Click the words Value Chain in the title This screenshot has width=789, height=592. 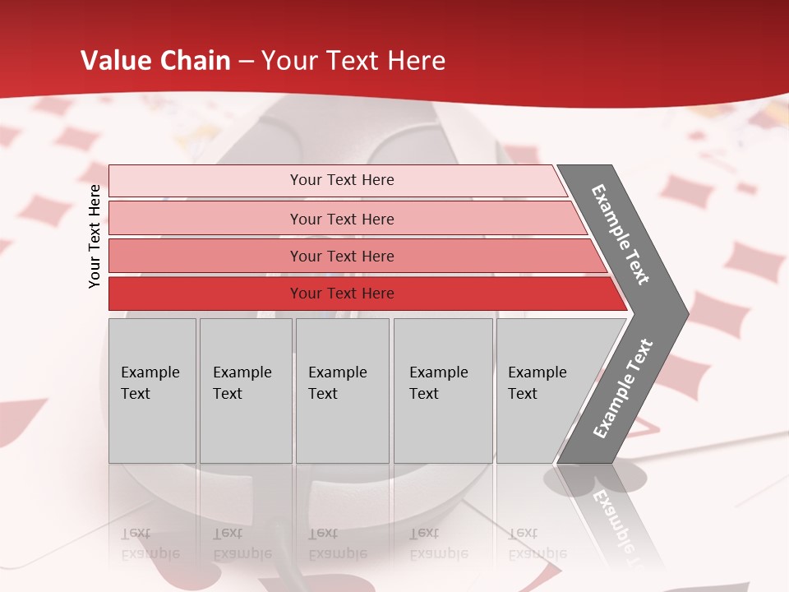point(155,61)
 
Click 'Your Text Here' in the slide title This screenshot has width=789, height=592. point(353,61)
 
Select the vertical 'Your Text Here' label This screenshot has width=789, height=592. point(95,236)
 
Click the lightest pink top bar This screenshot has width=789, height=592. point(205,181)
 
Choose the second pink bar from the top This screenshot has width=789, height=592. point(205,219)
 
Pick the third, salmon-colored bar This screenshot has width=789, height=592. point(205,256)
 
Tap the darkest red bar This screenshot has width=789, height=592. point(205,294)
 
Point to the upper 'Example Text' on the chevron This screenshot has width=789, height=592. point(621,234)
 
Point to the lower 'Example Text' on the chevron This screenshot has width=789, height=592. point(623,389)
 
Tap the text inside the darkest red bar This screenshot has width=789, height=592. point(342,294)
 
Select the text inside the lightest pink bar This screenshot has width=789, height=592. point(342,180)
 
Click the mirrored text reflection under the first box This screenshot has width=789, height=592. point(150,543)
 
